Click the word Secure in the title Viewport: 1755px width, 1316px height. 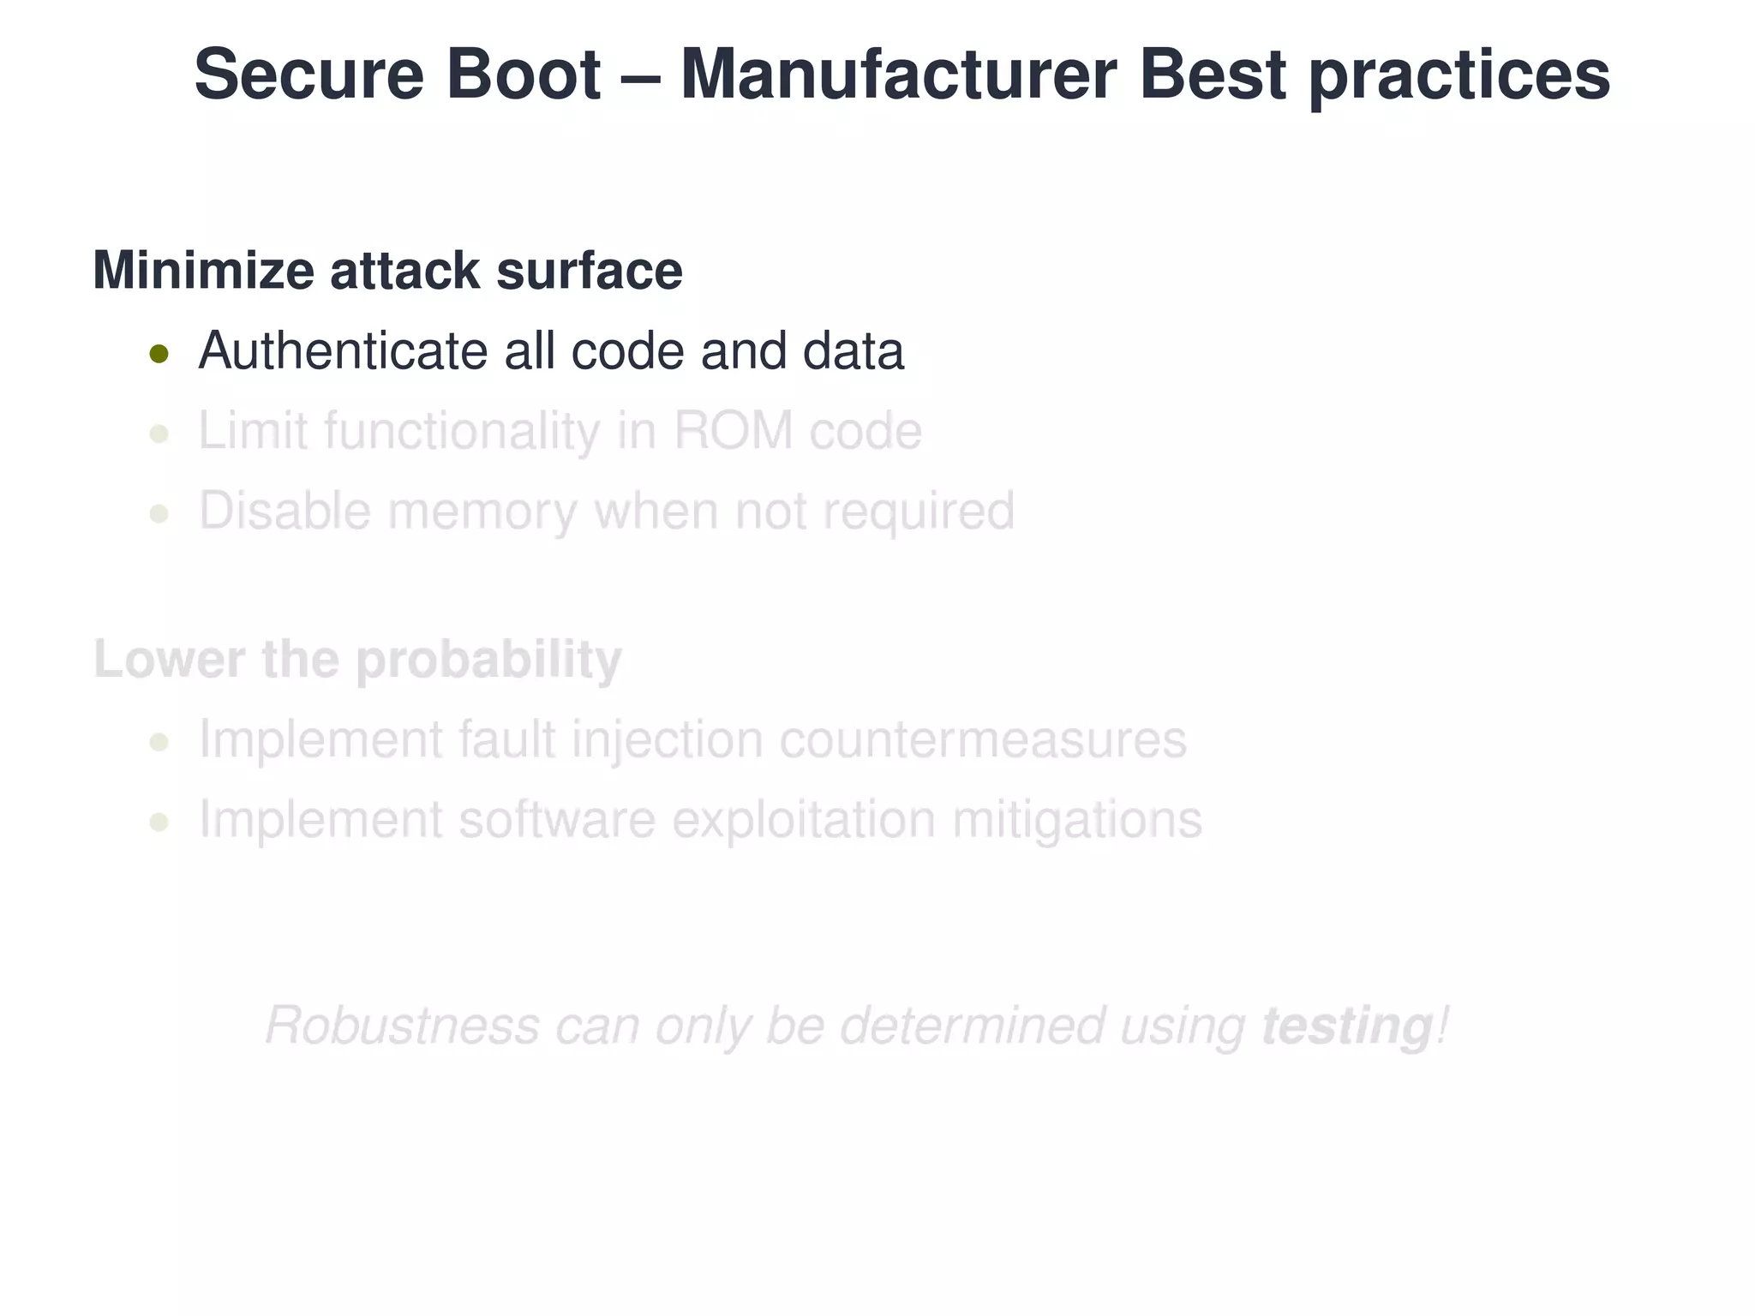tap(308, 75)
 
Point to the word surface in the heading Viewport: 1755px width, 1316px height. tap(589, 271)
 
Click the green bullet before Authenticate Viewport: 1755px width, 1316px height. tap(159, 353)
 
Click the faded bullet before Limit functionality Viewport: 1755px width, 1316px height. tap(159, 434)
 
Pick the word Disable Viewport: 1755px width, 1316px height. tap(285, 511)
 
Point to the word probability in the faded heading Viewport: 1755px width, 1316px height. tap(488, 661)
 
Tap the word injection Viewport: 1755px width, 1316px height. tap(667, 740)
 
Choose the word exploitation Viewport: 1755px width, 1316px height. tap(804, 820)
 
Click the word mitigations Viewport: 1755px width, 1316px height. tap(1077, 821)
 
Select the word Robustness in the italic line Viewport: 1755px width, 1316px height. tap(402, 1026)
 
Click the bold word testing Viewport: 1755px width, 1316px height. tap(1346, 1026)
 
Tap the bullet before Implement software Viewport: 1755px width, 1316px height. tap(159, 822)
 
